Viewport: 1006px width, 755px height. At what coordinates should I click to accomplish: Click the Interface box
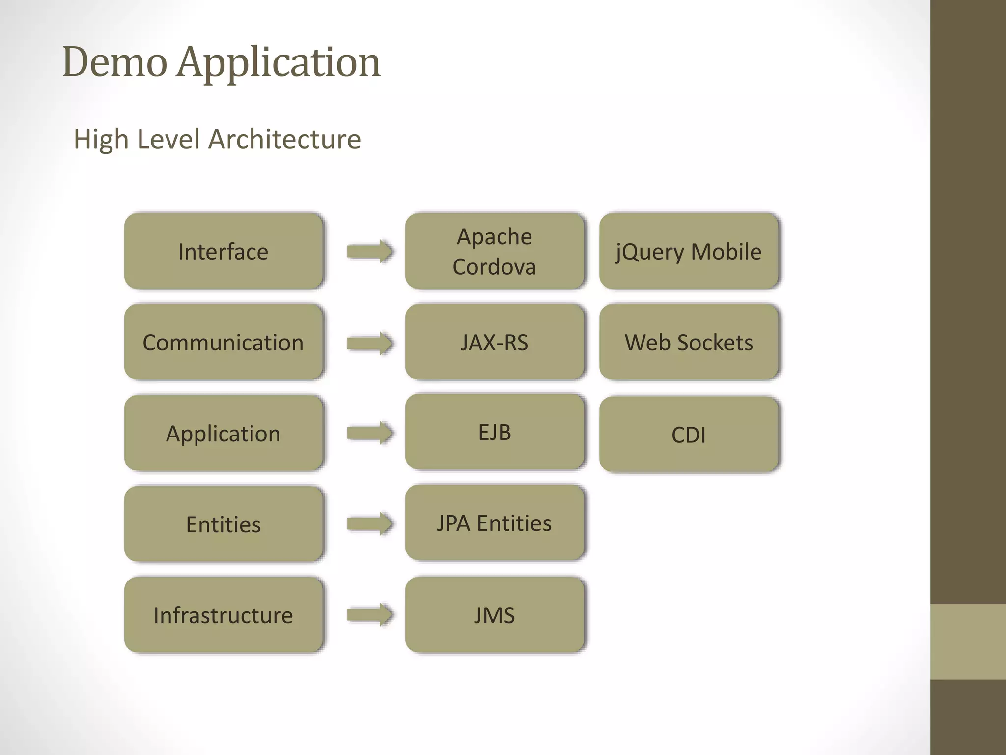[224, 251]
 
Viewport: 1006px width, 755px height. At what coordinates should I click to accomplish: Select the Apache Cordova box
[494, 251]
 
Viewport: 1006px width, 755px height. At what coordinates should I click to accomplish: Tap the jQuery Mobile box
[689, 251]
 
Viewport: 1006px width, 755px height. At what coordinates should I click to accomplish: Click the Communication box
[224, 342]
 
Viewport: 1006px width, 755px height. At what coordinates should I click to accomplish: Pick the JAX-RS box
[494, 342]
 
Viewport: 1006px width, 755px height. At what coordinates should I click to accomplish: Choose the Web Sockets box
[689, 342]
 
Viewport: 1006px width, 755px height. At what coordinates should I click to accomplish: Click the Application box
[224, 433]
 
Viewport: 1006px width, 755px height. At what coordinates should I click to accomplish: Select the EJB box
[494, 432]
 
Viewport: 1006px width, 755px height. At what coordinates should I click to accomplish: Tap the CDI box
[689, 435]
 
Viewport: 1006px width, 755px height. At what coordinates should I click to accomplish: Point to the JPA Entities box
[494, 523]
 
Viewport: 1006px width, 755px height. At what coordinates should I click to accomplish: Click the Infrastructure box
[224, 615]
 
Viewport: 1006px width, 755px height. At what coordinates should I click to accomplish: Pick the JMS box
[494, 615]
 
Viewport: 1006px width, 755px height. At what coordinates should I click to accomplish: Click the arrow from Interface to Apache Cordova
[370, 252]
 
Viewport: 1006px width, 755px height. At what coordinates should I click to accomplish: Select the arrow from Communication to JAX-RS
[370, 343]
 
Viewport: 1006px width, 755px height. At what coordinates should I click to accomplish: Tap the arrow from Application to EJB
[370, 433]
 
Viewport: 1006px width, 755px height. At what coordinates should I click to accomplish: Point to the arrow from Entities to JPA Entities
[370, 523]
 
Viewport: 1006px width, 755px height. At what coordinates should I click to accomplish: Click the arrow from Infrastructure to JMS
[370, 614]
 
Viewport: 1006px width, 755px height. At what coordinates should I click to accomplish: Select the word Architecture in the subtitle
[284, 139]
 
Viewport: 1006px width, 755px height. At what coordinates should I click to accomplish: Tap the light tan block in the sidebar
[968, 641]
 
